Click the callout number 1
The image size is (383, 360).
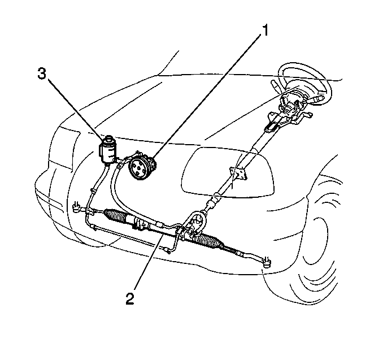265,31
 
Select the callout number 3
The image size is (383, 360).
42,73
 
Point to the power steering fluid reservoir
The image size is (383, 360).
107,149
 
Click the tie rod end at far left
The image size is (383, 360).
77,207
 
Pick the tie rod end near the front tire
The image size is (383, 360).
267,262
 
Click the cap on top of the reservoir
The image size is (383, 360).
108,137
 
